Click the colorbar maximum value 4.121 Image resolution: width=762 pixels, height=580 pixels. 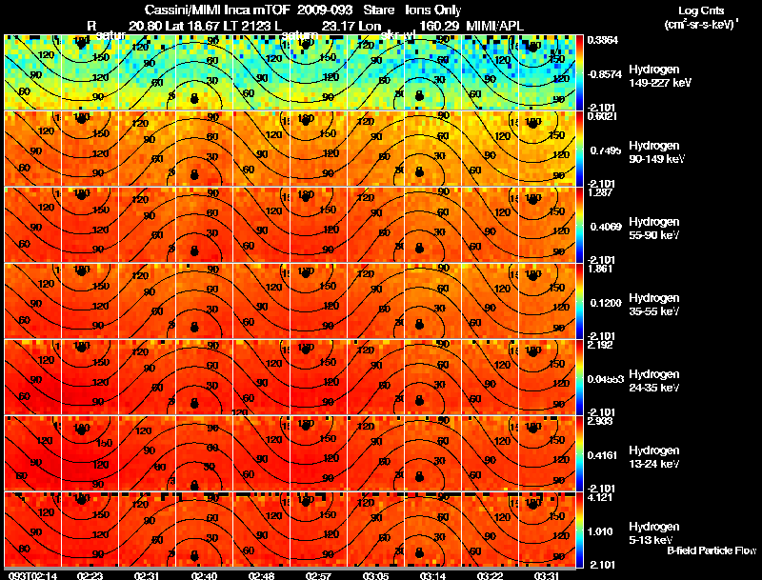point(600,496)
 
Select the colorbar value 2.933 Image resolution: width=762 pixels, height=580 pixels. point(600,421)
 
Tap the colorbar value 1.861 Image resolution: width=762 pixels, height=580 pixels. point(600,269)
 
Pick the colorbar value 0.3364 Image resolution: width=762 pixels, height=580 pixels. point(602,40)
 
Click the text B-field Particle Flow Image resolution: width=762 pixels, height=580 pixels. point(711,550)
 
